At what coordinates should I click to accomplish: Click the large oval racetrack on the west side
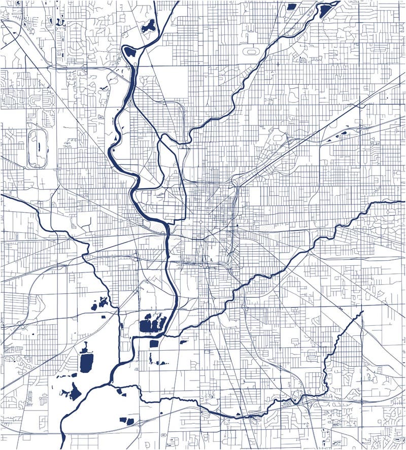[37, 148]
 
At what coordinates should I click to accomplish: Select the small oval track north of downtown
[250, 51]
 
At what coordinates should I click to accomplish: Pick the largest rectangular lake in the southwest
[87, 362]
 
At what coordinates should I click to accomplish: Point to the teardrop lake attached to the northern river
[130, 51]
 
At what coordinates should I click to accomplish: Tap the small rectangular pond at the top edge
[291, 7]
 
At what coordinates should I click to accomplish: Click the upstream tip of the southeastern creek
[363, 311]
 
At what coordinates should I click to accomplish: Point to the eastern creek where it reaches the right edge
[403, 201]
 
